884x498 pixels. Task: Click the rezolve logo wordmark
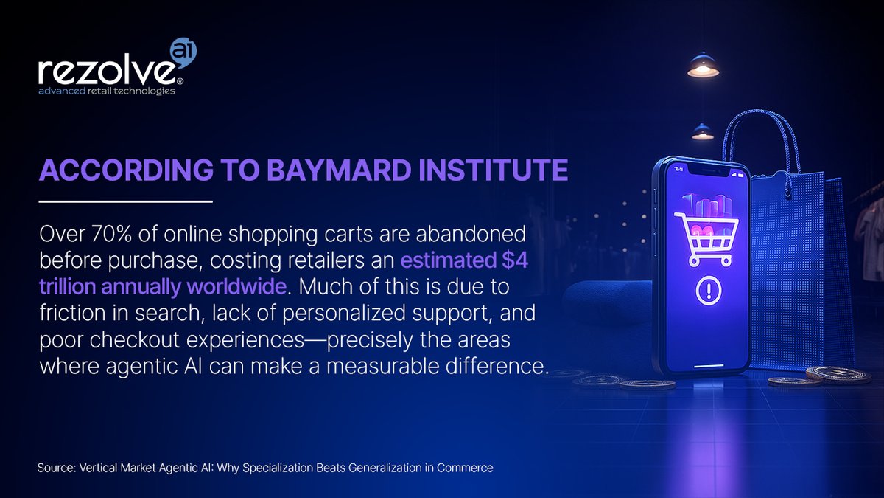[107, 72]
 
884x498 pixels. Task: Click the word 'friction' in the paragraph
[66, 308]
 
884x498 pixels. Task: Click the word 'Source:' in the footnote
[55, 468]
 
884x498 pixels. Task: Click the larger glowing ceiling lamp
[703, 66]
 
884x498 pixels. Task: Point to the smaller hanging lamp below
[702, 133]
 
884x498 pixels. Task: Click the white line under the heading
[125, 201]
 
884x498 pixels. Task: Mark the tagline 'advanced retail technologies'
[107, 92]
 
